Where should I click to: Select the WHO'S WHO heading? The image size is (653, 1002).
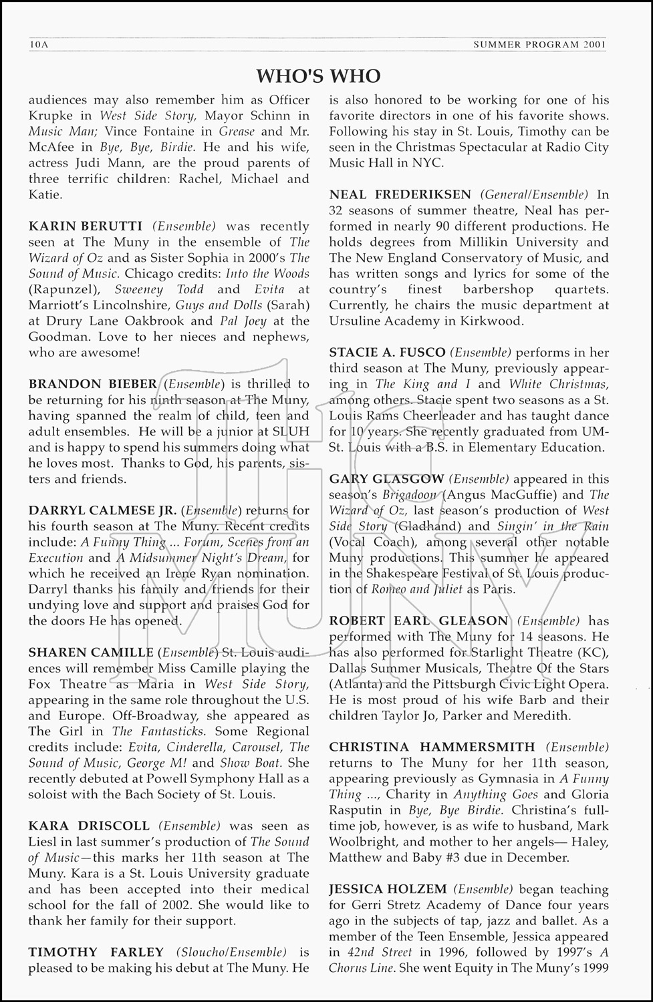point(319,76)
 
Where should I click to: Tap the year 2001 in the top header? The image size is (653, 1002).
point(594,45)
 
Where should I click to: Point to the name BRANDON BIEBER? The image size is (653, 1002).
point(92,384)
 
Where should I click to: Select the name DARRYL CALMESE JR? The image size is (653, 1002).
point(102,510)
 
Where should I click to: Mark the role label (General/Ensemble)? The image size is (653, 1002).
point(534,194)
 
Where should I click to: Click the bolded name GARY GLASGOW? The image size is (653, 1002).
point(386,479)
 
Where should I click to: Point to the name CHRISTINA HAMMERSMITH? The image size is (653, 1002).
point(432,747)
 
